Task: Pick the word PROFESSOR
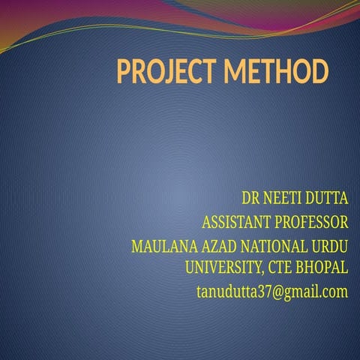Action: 310,222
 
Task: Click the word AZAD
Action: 209,246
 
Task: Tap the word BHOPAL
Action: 325,267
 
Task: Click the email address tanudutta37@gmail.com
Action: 271,291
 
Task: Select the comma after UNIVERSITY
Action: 262,271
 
